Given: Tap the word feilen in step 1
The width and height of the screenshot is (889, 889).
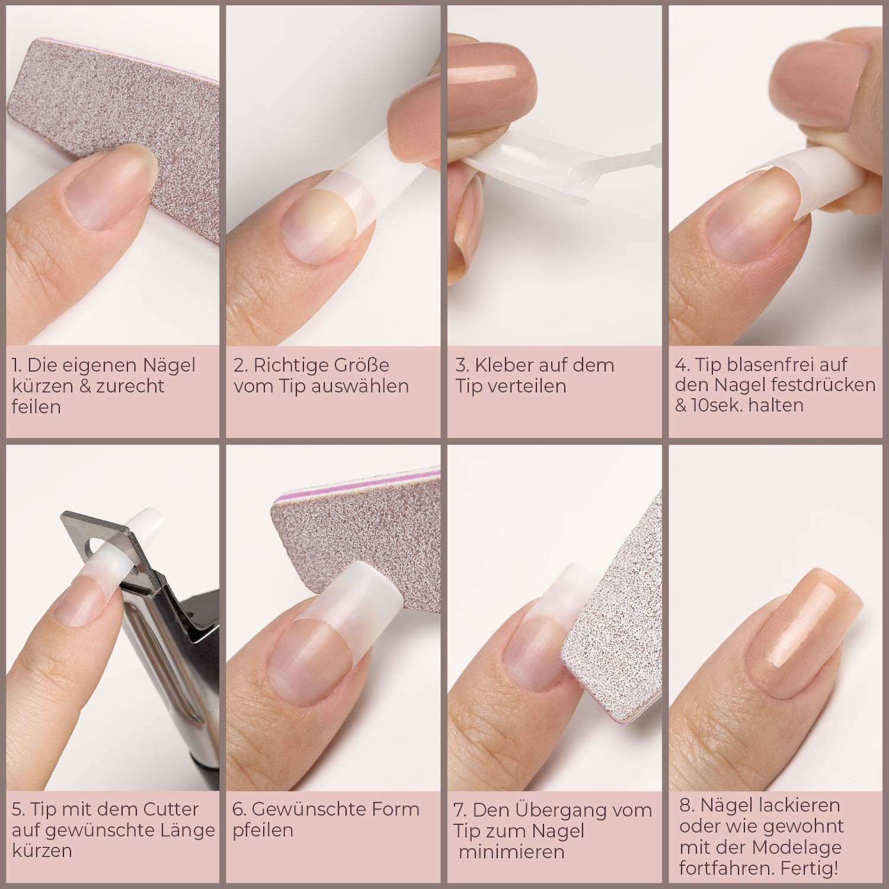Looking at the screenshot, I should click(36, 407).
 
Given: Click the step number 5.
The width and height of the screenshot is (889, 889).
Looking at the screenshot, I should click(18, 810).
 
